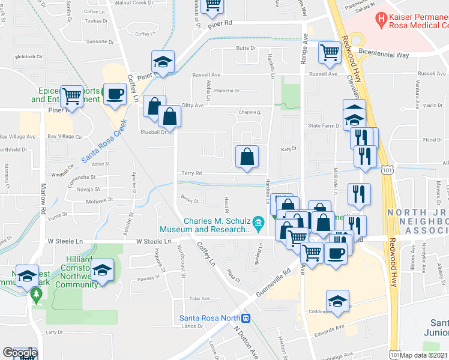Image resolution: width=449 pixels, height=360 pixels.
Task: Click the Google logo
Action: point(19,353)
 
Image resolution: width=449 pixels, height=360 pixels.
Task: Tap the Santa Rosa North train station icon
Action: point(246,318)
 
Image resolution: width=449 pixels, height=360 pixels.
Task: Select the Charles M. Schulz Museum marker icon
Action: point(259,224)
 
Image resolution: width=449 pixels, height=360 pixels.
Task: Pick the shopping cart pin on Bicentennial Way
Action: point(330,53)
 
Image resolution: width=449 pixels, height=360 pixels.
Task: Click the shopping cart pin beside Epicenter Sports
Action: point(72,95)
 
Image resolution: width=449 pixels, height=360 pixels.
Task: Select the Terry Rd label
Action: point(191,173)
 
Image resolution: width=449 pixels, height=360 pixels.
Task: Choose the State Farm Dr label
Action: point(324,126)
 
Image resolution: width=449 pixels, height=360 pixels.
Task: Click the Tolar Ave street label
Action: point(199,298)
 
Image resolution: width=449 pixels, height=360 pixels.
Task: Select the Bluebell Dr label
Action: point(153,132)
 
